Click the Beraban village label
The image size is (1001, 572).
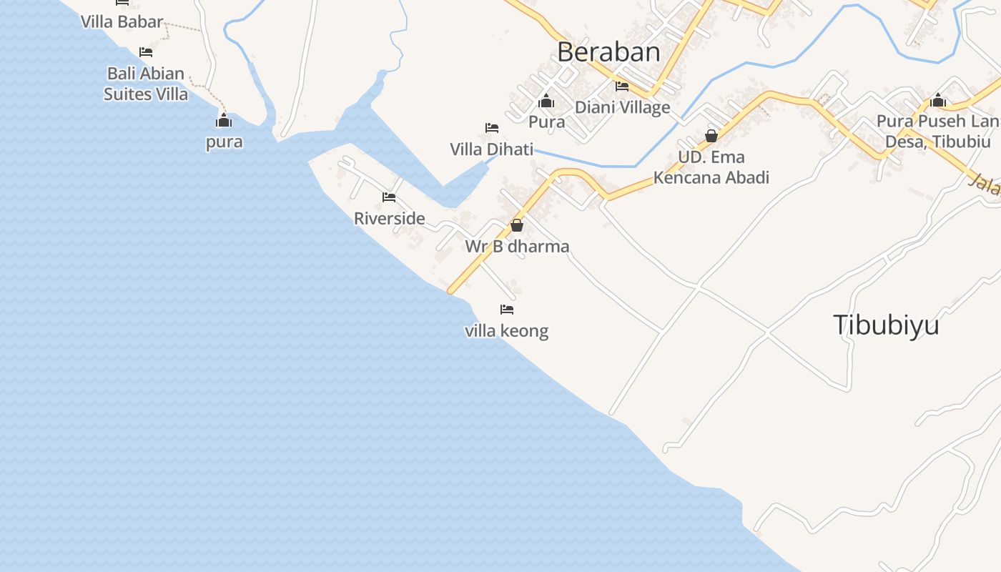[x=608, y=52]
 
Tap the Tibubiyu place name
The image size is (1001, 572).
[x=885, y=325]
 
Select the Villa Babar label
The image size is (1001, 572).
[x=122, y=21]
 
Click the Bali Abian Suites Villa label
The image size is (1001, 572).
[x=146, y=84]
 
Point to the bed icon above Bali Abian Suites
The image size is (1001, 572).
[x=146, y=52]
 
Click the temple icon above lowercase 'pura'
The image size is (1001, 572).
[x=224, y=120]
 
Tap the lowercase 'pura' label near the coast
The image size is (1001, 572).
[x=224, y=142]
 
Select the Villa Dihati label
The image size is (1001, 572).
[x=491, y=149]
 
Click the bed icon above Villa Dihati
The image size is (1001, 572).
[x=491, y=128]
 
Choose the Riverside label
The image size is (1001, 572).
[x=389, y=218]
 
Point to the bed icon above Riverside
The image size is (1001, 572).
[x=389, y=197]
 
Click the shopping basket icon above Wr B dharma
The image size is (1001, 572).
[x=517, y=225]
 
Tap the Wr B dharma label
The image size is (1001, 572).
[x=517, y=247]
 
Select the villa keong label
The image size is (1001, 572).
[x=506, y=331]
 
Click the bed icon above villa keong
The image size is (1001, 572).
[x=507, y=310]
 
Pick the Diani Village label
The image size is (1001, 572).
[x=622, y=107]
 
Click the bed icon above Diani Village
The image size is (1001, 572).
[x=622, y=87]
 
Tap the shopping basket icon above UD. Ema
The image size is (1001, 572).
[x=711, y=135]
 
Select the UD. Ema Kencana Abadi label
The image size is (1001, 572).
[x=711, y=167]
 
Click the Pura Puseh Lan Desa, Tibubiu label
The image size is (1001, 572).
[x=937, y=132]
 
